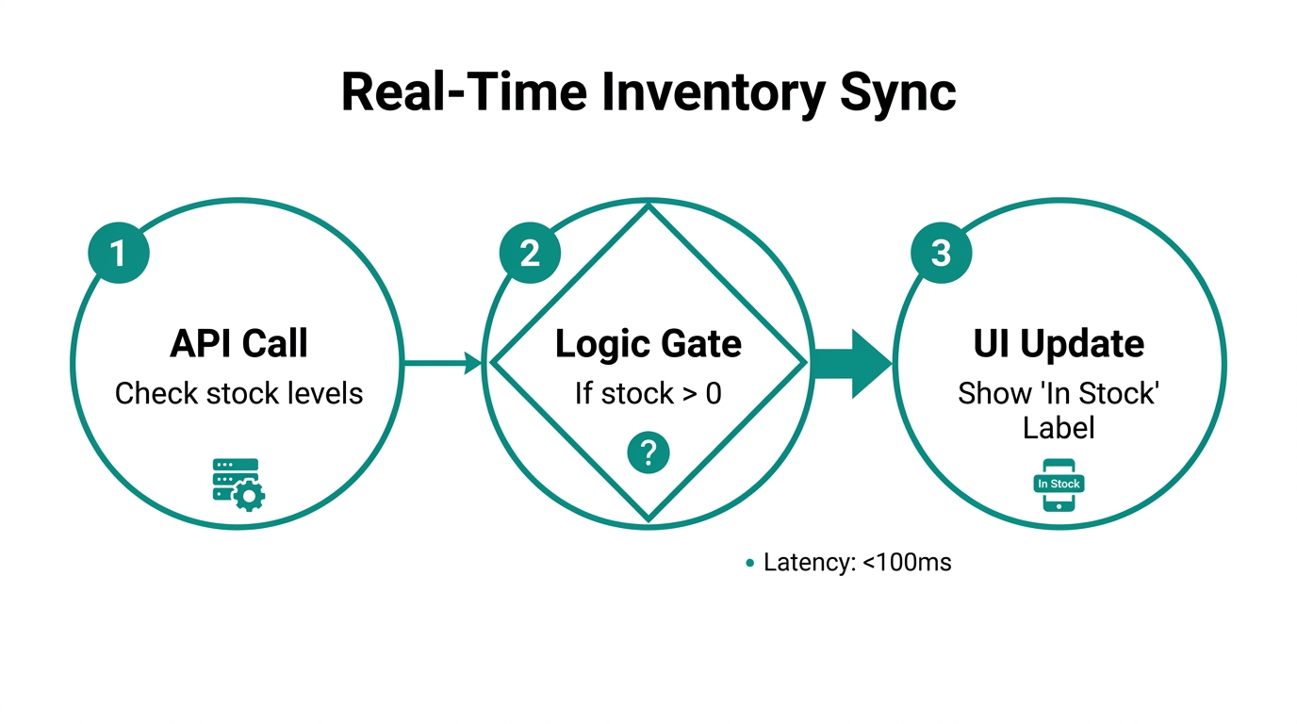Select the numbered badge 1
tap(119, 253)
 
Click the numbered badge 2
tap(530, 253)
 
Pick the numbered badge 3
tap(941, 253)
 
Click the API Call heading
tap(238, 344)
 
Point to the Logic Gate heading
tap(648, 344)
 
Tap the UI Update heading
tap(1059, 344)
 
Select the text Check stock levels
tap(238, 393)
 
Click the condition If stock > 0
tap(648, 393)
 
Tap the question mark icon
tap(648, 454)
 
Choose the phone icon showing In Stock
tap(1059, 485)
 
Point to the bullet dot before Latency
tap(750, 564)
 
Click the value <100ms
tap(907, 563)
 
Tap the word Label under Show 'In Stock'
tap(1059, 428)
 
